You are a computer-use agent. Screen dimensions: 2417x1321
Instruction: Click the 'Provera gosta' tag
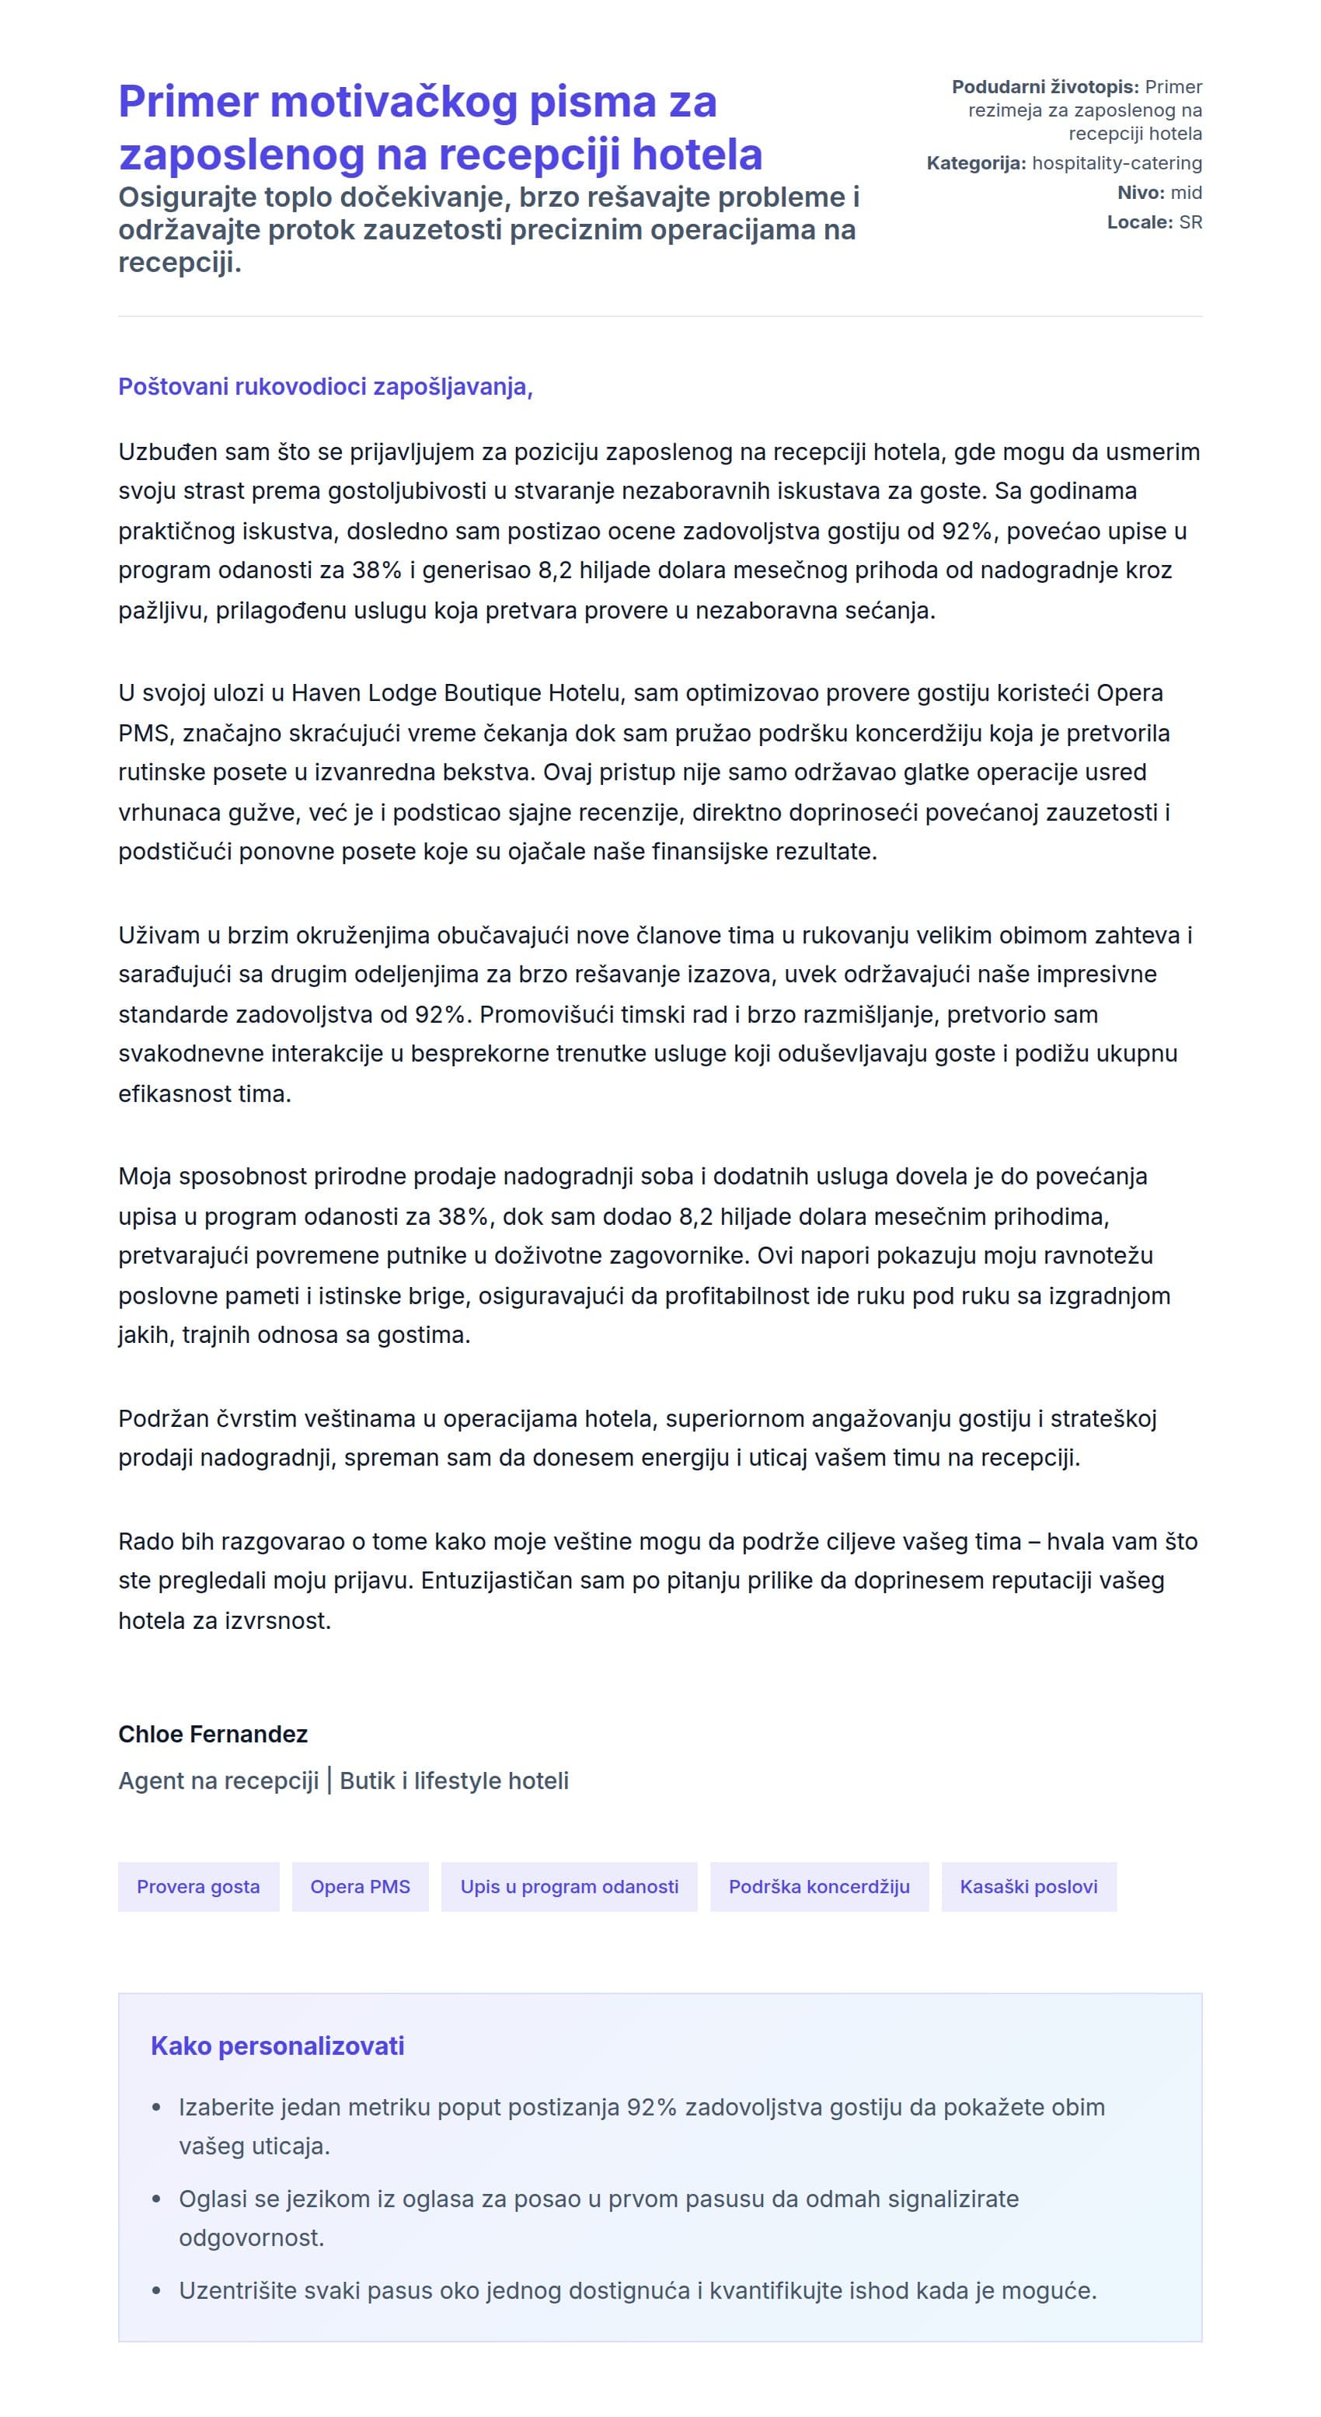(x=198, y=1886)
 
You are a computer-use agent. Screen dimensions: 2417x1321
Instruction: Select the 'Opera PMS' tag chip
(x=361, y=1886)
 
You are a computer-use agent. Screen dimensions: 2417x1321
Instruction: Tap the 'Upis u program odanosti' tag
(x=569, y=1886)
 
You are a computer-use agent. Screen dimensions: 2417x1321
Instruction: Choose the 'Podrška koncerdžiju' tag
(x=818, y=1886)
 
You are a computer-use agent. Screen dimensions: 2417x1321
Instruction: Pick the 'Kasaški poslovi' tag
(x=1028, y=1886)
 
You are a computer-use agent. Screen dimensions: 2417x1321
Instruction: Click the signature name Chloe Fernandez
(x=213, y=1734)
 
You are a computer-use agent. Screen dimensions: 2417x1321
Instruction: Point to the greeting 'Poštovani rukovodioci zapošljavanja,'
(x=325, y=386)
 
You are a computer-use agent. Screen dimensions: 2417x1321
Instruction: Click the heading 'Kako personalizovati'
(x=277, y=2046)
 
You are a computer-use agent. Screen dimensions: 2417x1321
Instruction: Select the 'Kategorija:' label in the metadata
(x=976, y=163)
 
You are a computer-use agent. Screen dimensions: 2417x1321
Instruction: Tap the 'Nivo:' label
(x=1139, y=192)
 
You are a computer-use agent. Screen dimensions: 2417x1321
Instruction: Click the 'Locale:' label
(x=1139, y=222)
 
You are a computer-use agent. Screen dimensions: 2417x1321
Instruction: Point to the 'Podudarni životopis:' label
(x=1044, y=87)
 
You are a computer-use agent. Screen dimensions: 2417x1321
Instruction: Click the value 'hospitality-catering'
(x=1117, y=163)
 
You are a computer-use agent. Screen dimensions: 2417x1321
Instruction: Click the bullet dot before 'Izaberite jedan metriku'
(x=157, y=2108)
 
